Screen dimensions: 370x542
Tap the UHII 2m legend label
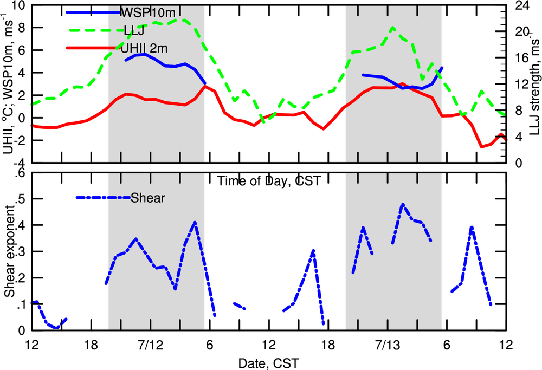144,48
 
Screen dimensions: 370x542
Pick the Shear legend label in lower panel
147,198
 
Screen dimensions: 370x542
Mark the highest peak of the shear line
403,204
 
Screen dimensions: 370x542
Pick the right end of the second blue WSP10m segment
442,68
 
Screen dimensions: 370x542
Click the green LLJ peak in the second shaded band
393,28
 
